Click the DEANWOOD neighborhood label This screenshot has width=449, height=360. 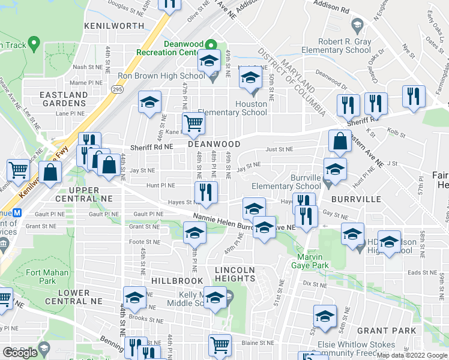(x=214, y=145)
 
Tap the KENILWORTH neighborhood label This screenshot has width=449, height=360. (x=114, y=26)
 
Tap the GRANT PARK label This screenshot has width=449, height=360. (x=386, y=331)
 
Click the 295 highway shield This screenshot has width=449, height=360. (x=116, y=89)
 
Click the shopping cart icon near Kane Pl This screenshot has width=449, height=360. (x=193, y=124)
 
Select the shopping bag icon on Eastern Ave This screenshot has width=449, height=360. (x=340, y=142)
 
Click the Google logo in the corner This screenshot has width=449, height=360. (x=19, y=353)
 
